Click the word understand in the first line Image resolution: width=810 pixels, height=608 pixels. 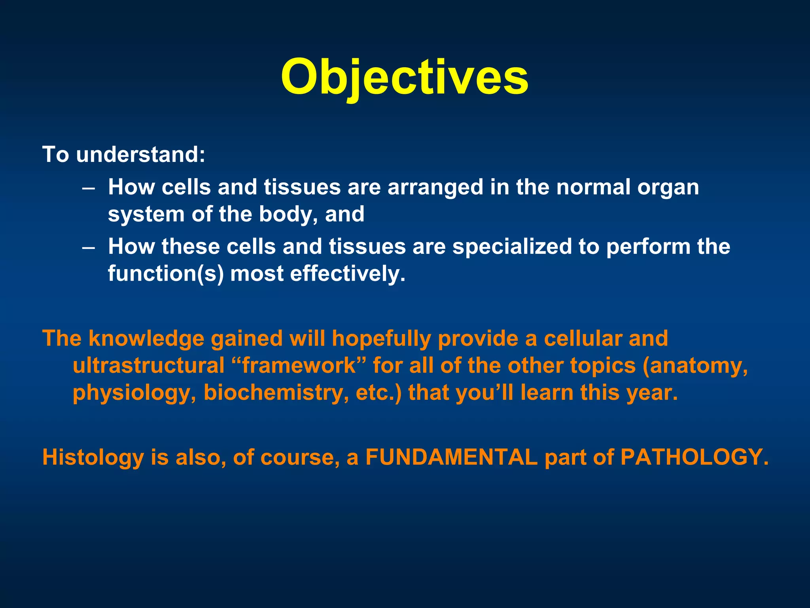pyautogui.click(x=140, y=154)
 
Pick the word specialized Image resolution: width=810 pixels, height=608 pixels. pyautogui.click(x=512, y=247)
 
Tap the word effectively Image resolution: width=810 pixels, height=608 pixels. pyautogui.click(x=347, y=274)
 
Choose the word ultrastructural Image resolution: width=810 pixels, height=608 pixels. pyautogui.click(x=149, y=366)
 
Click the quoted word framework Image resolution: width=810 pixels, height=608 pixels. pyautogui.click(x=299, y=366)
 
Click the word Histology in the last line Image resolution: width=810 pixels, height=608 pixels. pyautogui.click(x=93, y=458)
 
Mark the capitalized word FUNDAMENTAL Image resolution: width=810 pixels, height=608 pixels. pyautogui.click(x=451, y=458)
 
